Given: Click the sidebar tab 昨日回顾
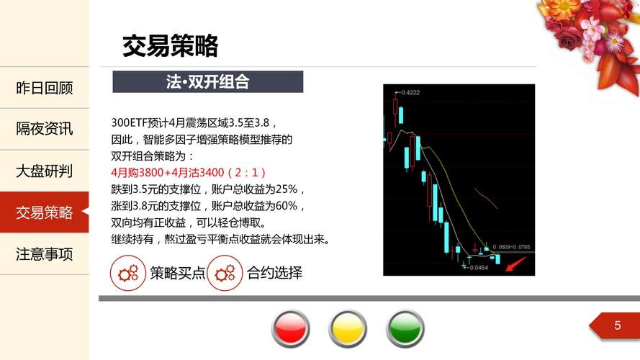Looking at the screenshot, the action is pos(44,88).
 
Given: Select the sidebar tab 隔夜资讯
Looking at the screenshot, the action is pos(44,129).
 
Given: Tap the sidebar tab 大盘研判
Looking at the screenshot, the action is pos(44,171).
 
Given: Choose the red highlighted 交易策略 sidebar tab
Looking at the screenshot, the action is pos(44,212).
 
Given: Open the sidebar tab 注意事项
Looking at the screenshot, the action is pos(44,254).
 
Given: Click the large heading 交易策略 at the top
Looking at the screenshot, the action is pos(170,45).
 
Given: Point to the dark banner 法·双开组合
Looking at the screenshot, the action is pos(208,81).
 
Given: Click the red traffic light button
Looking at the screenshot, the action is pos(291,328).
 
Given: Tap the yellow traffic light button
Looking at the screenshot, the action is pos(348,328).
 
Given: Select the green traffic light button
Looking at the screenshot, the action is pos(405,328).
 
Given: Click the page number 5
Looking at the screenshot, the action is pos(618,325).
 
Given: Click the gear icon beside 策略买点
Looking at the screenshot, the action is pos(127,273).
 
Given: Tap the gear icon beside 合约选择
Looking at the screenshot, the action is pos(225,273).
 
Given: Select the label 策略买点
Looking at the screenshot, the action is pos(178,273).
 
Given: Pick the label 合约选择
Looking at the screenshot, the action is pos(275,273).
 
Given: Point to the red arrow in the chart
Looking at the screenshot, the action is pos(515,264).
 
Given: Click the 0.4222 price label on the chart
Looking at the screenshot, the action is pos(410,93).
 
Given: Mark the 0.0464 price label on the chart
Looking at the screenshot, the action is pos(479,268).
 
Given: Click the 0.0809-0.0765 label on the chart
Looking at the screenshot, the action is pos(511,247).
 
